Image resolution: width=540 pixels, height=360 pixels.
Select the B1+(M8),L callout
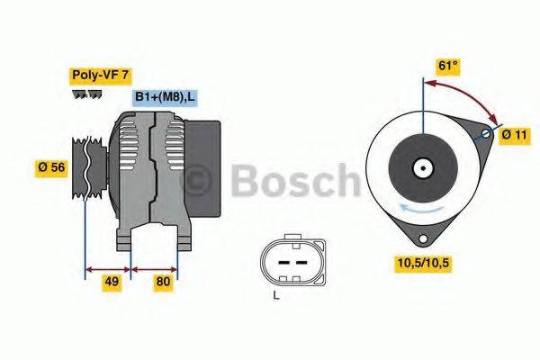[166, 96]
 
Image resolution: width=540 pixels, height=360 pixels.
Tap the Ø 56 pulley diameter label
[51, 167]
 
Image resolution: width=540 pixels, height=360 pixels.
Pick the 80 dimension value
[164, 283]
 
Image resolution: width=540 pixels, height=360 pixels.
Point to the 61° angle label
[447, 67]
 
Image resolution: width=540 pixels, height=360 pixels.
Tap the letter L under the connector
[276, 294]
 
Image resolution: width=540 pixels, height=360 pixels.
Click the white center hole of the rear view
[421, 167]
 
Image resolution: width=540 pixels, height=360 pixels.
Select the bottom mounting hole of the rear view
[419, 238]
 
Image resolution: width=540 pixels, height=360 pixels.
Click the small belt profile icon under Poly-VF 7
[85, 94]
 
